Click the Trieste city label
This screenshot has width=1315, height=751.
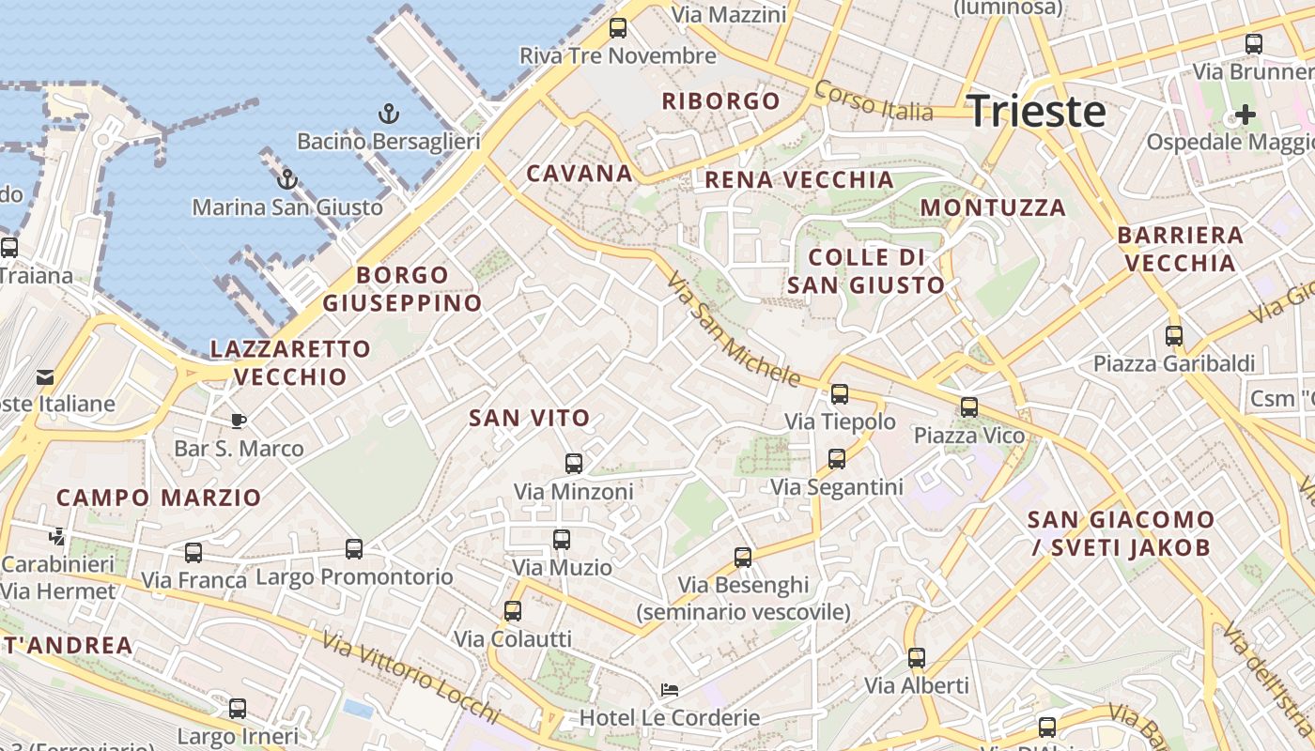tap(1036, 111)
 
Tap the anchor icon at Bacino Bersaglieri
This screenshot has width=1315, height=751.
tap(388, 114)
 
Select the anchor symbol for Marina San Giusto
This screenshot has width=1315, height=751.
tap(287, 178)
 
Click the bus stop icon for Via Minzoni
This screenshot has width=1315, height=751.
tap(573, 463)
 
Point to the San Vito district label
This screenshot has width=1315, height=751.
tap(530, 418)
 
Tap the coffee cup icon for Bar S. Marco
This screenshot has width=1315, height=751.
tap(239, 421)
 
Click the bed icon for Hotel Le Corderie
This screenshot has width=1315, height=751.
tap(669, 690)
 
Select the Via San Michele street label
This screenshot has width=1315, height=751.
tap(733, 330)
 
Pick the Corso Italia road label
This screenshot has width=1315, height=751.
tap(874, 101)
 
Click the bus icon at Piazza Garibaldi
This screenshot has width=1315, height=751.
tap(1174, 335)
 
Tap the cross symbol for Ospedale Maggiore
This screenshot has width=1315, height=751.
tap(1245, 115)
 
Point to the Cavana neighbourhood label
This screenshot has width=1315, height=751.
tap(580, 173)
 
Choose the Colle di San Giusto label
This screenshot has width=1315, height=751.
tap(866, 270)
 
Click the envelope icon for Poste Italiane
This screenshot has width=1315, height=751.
tap(45, 377)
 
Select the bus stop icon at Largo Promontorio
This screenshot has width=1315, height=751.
tap(354, 548)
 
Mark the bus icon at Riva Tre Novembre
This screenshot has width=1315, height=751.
tap(617, 28)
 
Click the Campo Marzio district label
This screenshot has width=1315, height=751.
tap(159, 498)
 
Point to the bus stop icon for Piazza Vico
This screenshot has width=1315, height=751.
tap(968, 407)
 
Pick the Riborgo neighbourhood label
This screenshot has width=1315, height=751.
tap(720, 100)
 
